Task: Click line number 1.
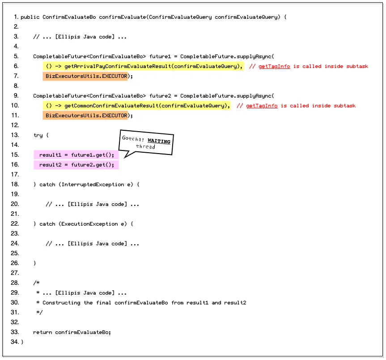pos(16,17)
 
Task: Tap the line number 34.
pos(16,342)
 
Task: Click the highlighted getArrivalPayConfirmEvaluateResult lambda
pos(144,66)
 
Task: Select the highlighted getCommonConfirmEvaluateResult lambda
pos(137,106)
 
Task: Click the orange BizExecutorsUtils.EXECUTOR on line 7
pos(86,76)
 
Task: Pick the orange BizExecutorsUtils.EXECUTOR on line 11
pos(86,116)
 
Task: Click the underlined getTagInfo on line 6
pos(274,66)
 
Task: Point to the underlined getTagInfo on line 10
pos(262,106)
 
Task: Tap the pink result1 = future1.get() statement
pos(76,155)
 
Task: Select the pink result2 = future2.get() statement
pos(76,165)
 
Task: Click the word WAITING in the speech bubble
pos(159,141)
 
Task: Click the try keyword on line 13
pos(38,135)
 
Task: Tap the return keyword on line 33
pos(42,332)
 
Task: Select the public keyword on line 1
pos(30,17)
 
